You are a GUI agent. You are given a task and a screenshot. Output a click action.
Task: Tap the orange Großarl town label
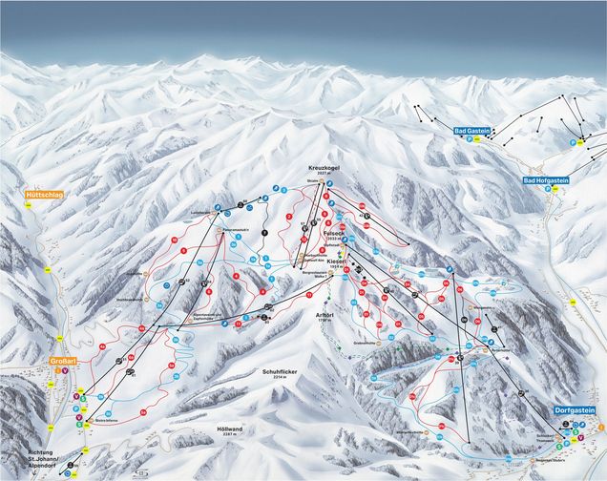click(63, 362)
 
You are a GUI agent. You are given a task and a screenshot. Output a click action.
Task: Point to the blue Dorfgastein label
click(575, 410)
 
